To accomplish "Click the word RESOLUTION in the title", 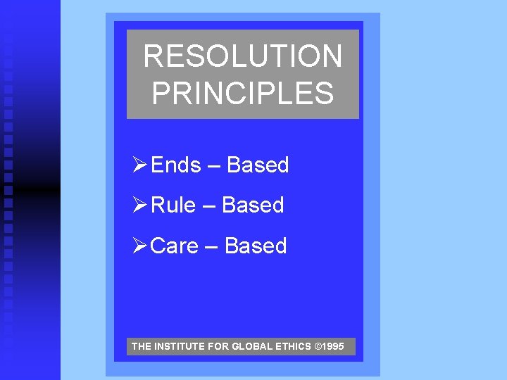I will [x=243, y=56].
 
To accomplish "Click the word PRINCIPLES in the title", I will [x=243, y=93].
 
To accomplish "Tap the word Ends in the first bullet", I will [x=176, y=165].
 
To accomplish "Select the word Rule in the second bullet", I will [x=174, y=205].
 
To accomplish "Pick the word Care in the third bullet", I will [x=175, y=246].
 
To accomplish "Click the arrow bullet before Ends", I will [x=139, y=165].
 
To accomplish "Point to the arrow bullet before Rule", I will [x=139, y=205].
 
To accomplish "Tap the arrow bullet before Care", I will [x=139, y=246].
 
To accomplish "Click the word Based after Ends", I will [x=258, y=165].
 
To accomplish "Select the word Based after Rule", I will [x=253, y=205].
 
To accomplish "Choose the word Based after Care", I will [x=256, y=246].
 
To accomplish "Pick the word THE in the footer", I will [x=141, y=347].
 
